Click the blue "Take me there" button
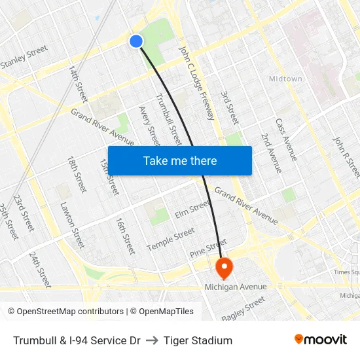click(179, 160)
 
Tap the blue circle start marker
click(136, 41)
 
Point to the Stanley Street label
click(24, 57)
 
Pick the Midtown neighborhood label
click(285, 79)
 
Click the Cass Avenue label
click(286, 139)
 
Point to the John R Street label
click(346, 157)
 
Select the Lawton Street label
click(72, 224)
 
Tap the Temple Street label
click(170, 239)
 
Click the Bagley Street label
click(243, 308)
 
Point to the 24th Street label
click(39, 268)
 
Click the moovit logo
click(320, 340)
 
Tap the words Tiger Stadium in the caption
click(198, 340)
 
